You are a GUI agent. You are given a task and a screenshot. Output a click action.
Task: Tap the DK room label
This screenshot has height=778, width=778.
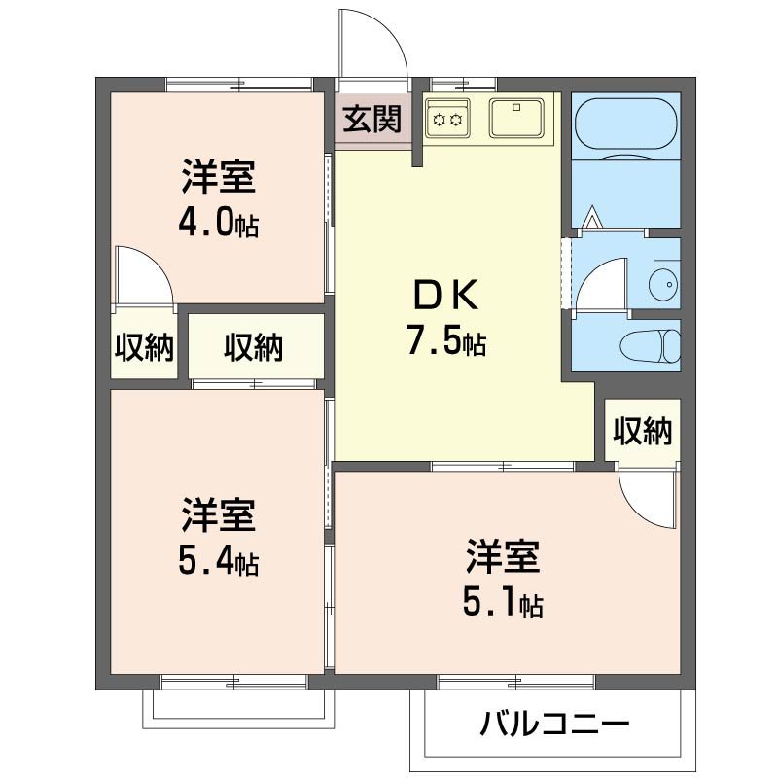[x=446, y=293]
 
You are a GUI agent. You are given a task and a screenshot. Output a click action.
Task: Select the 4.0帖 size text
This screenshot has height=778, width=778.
[x=218, y=225]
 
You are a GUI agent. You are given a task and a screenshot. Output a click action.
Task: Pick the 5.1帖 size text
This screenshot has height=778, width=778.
[x=503, y=604]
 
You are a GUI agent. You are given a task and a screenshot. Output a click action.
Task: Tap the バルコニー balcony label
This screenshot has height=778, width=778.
[x=555, y=724]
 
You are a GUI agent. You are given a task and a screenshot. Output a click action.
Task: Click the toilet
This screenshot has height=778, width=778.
[x=653, y=344]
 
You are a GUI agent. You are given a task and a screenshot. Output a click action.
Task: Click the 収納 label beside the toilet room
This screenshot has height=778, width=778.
[x=642, y=431]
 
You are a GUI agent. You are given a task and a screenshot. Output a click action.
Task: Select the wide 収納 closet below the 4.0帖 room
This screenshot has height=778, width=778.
[x=254, y=347]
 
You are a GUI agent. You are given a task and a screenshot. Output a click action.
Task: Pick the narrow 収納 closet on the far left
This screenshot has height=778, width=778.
[x=145, y=346]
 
